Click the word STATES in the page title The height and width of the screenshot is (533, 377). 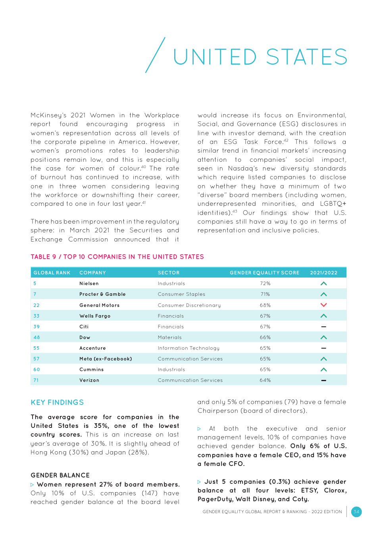coord(306,57)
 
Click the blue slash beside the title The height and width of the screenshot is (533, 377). coord(155,55)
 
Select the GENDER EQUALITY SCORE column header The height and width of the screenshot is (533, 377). coord(264,273)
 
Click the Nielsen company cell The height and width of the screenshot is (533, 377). coord(89,284)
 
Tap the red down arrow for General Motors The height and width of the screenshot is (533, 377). coord(323,305)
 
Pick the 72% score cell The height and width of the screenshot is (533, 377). coord(265,284)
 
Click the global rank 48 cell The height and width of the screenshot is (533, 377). coord(37,337)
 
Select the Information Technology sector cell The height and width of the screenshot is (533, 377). coord(188,348)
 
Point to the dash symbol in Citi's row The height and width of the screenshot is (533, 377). coord(323,327)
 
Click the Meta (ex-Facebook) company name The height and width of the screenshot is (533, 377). coord(106,359)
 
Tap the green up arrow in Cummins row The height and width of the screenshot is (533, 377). coord(323,370)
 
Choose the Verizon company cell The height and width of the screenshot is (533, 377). coord(89,380)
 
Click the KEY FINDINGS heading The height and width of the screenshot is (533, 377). coord(57,403)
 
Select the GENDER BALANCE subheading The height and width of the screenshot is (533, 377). coord(60,475)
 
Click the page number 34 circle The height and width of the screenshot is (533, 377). coord(356,512)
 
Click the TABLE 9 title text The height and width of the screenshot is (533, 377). coord(117,257)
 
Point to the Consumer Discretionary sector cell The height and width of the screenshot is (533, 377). coord(189,305)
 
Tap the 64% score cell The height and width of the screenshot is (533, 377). coord(265,380)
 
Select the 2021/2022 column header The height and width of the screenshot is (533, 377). coord(323,273)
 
